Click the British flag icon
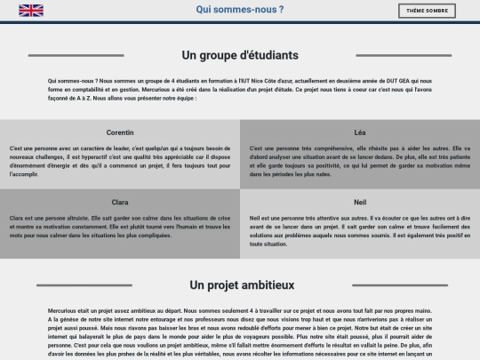[31, 11]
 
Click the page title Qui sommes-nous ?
[240, 10]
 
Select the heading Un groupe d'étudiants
[240, 55]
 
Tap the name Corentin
[120, 132]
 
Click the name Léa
[360, 132]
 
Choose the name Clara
[120, 202]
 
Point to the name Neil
[360, 202]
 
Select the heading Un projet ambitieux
[242, 285]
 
